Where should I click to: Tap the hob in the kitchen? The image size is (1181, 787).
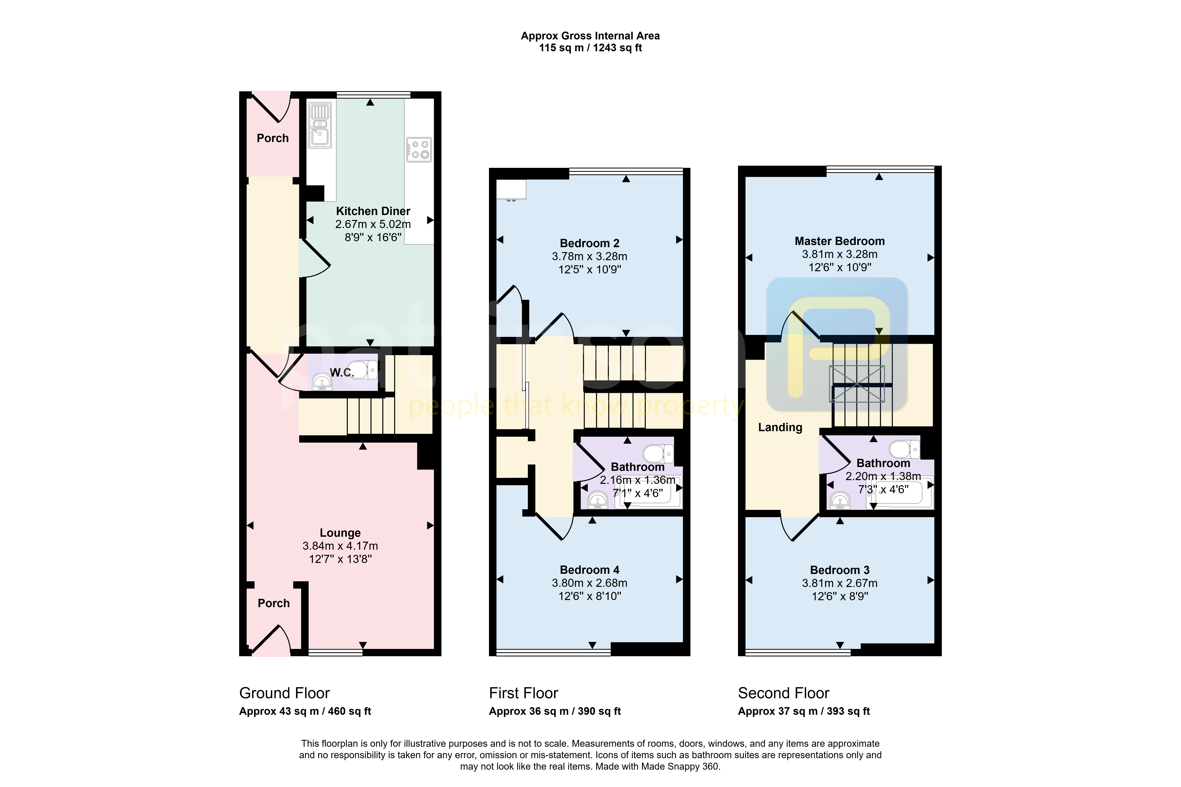click(419, 150)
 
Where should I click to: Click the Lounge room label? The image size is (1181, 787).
click(340, 533)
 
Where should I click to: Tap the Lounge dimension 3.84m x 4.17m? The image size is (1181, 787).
click(340, 546)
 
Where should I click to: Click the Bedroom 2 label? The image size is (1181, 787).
click(589, 243)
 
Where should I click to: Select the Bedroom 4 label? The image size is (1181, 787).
click(589, 570)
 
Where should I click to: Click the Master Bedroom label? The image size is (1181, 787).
click(840, 241)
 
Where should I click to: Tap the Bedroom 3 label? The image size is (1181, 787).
click(840, 570)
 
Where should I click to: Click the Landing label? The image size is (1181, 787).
click(780, 428)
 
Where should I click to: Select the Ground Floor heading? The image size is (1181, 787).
click(284, 693)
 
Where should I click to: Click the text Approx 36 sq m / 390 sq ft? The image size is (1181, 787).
click(555, 711)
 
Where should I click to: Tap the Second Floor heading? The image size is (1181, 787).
click(783, 693)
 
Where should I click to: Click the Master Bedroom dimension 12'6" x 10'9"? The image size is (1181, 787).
click(840, 267)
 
